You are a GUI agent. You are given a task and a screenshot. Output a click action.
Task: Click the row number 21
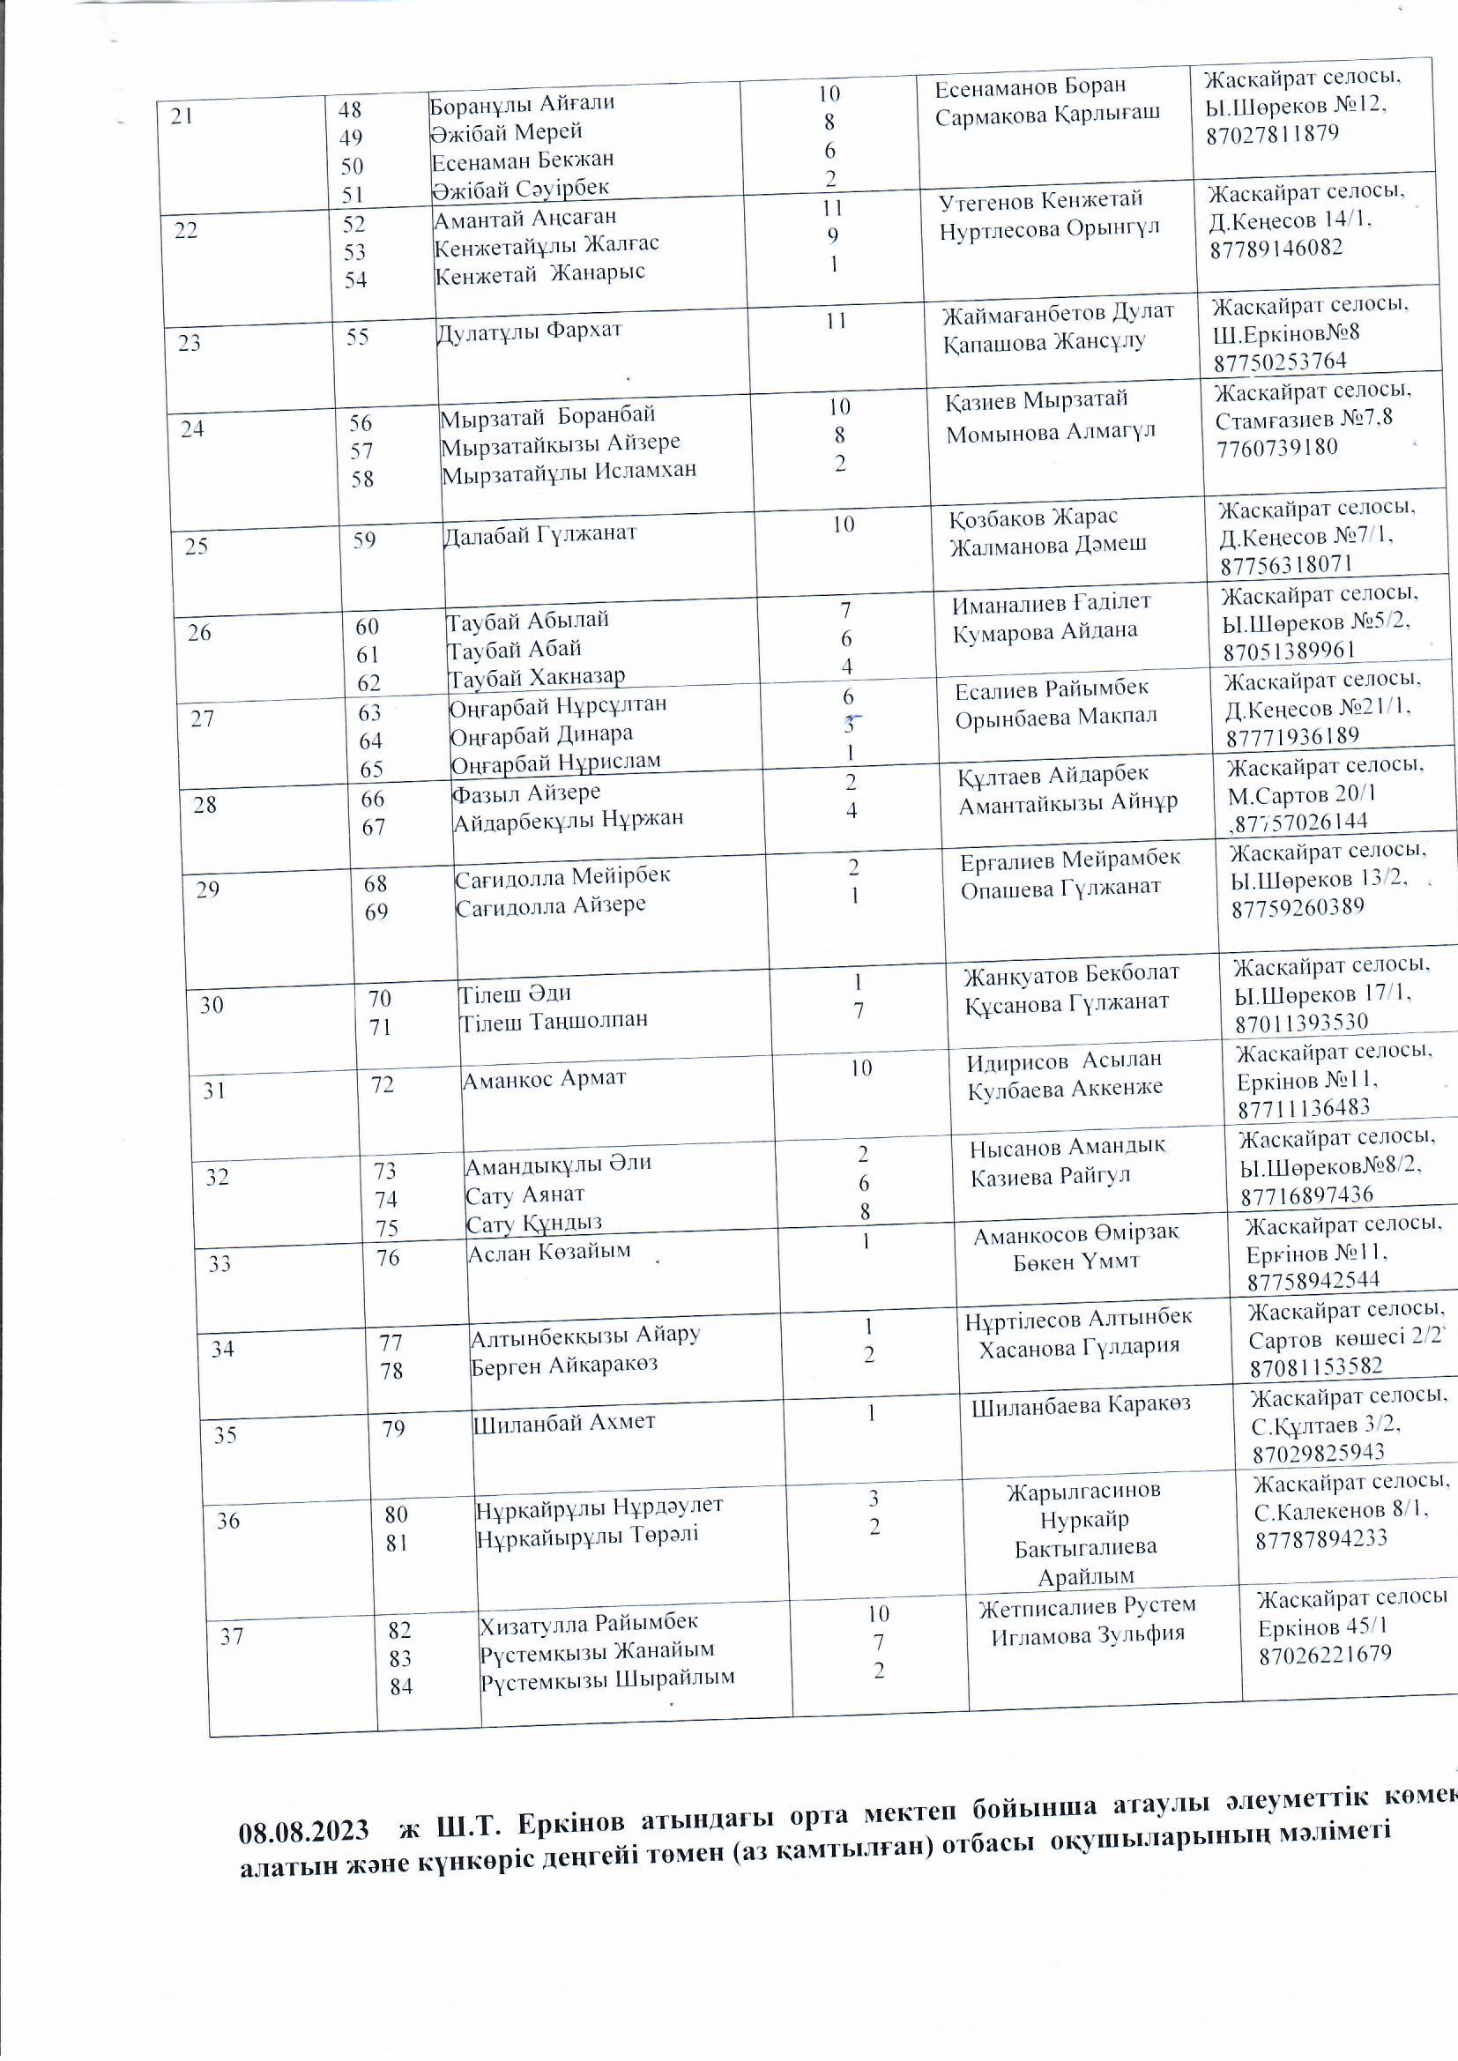pos(182,115)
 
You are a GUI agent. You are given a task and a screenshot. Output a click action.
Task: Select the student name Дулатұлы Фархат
pos(528,331)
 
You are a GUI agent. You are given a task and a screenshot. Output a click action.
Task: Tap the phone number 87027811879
pos(1272,134)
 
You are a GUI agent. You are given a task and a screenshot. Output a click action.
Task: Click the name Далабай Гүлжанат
pos(539,533)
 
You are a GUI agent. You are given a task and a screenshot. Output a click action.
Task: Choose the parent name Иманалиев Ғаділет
pos(1052,602)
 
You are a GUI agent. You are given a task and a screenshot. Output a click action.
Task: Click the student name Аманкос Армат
pos(543,1078)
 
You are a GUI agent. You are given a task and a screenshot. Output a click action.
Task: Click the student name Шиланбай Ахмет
pos(564,1422)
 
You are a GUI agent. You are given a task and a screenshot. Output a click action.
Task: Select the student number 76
pos(388,1258)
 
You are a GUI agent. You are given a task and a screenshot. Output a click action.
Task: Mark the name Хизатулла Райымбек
pos(588,1623)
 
